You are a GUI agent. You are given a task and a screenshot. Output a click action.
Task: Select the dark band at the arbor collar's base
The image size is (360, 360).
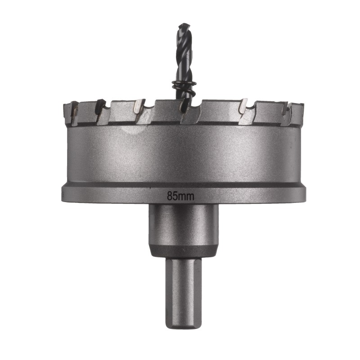point(184,252)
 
